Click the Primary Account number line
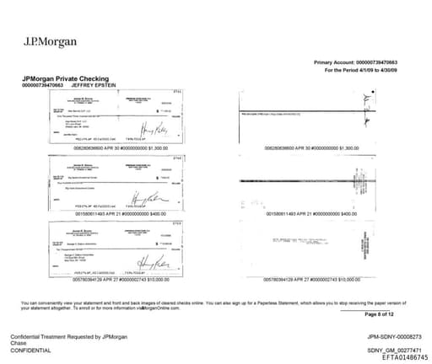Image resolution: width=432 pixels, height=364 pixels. point(354,63)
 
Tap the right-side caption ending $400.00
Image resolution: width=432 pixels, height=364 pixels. point(306,214)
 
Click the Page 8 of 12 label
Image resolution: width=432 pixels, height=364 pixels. point(379,313)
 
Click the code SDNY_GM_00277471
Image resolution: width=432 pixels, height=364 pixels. point(388,350)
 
